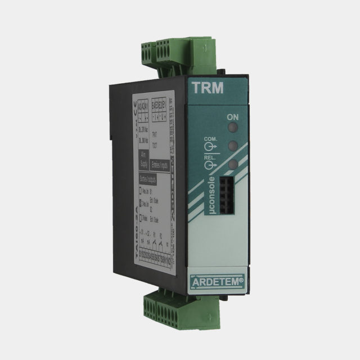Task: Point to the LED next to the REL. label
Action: pos(231,164)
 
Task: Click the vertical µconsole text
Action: pos(210,194)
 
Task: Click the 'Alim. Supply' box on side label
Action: pos(143,157)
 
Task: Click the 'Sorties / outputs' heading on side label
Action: pos(147,179)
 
